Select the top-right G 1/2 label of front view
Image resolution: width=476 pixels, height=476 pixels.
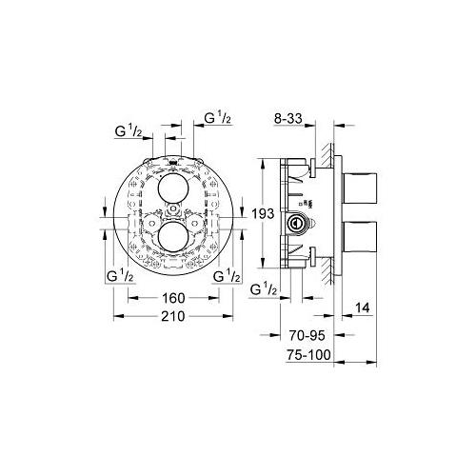[x=218, y=118]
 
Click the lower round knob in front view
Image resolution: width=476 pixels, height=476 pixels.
[x=173, y=235]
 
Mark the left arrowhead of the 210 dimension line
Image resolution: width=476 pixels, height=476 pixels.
[x=116, y=316]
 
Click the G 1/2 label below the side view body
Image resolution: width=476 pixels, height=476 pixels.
[x=264, y=289]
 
